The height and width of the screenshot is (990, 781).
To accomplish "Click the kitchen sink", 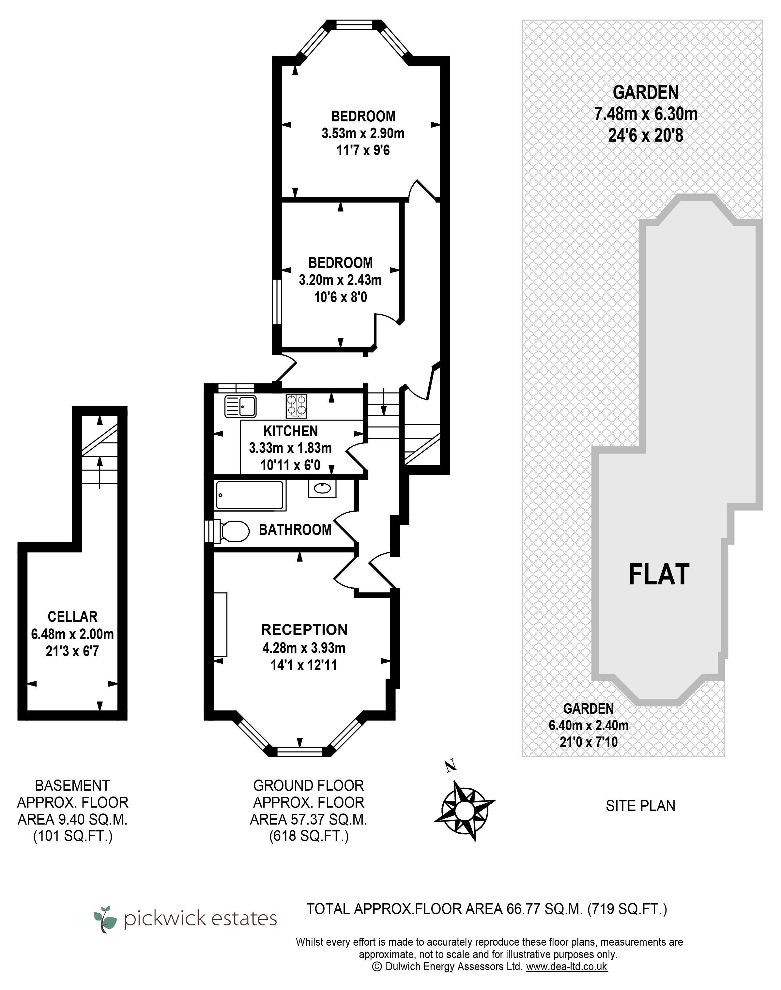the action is [240, 406].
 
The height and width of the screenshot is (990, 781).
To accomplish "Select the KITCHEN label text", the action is [290, 431].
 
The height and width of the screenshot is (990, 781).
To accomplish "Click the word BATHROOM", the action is [295, 530].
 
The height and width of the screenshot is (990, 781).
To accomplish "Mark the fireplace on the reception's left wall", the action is [221, 625].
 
